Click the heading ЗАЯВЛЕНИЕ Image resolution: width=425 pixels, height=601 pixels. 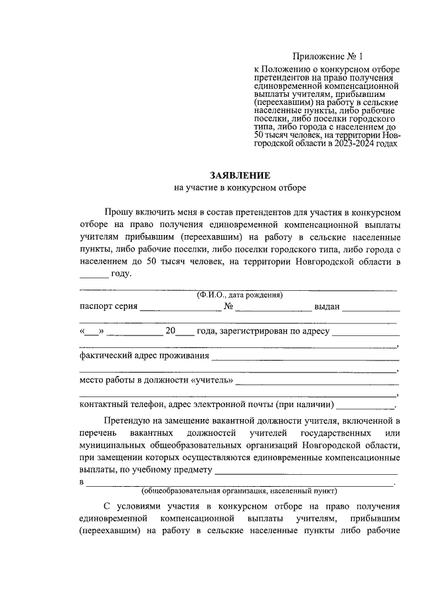click(240, 175)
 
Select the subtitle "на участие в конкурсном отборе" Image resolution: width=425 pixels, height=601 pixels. click(240, 188)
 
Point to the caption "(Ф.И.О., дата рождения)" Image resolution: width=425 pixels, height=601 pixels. click(240, 295)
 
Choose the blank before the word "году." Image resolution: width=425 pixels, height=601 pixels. click(93, 276)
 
